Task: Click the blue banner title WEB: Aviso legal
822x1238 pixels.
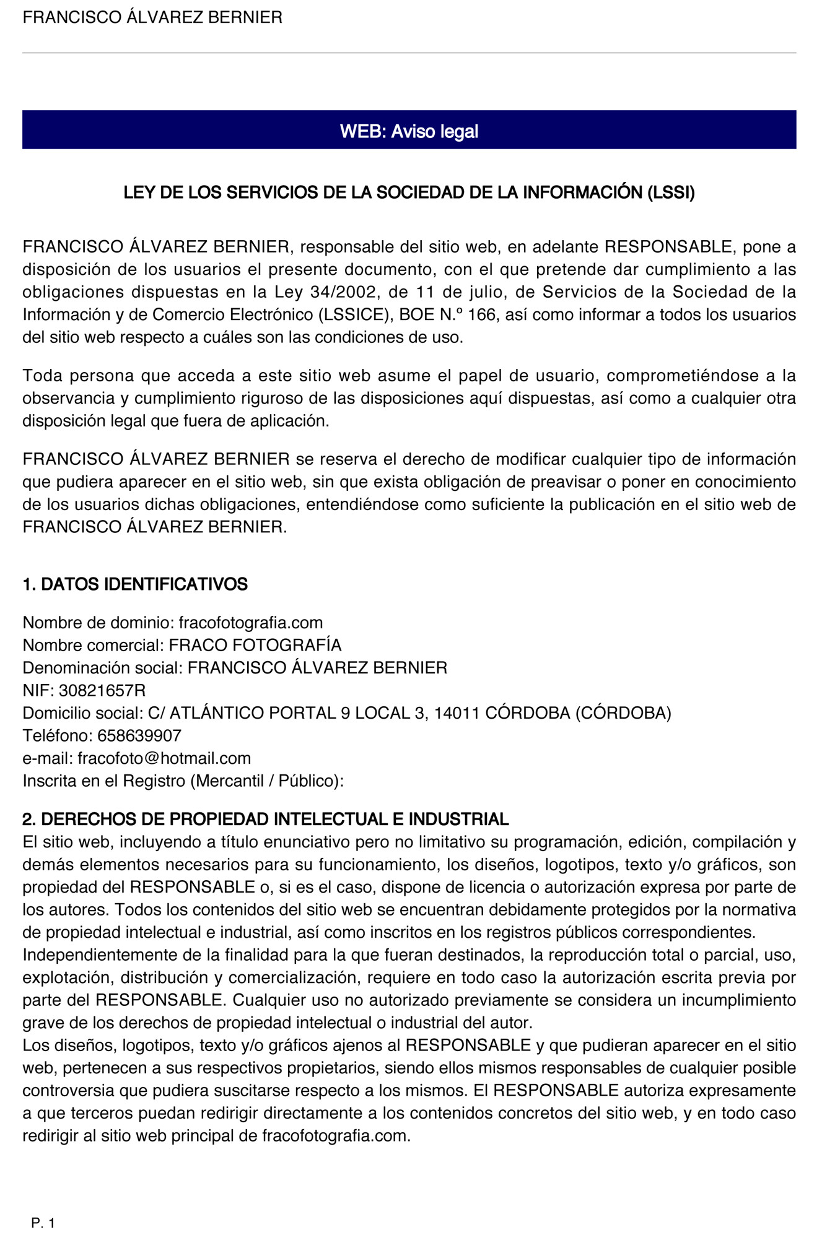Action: [409, 131]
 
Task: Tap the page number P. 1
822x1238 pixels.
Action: [43, 1223]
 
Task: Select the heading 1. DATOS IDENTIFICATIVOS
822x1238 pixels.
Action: [135, 584]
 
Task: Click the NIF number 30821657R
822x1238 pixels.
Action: [102, 690]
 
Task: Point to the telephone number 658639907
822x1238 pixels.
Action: [139, 735]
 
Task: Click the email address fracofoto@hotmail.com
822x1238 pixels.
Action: [164, 758]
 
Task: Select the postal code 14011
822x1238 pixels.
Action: [457, 713]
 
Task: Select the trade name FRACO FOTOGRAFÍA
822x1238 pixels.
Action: [255, 645]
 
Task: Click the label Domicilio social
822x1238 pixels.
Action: [82, 713]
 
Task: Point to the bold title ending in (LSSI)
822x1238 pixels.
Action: [409, 193]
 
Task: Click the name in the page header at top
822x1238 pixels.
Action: [152, 17]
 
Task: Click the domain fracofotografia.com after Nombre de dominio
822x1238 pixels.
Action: [251, 622]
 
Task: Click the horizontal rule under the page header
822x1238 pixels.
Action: [409, 53]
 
